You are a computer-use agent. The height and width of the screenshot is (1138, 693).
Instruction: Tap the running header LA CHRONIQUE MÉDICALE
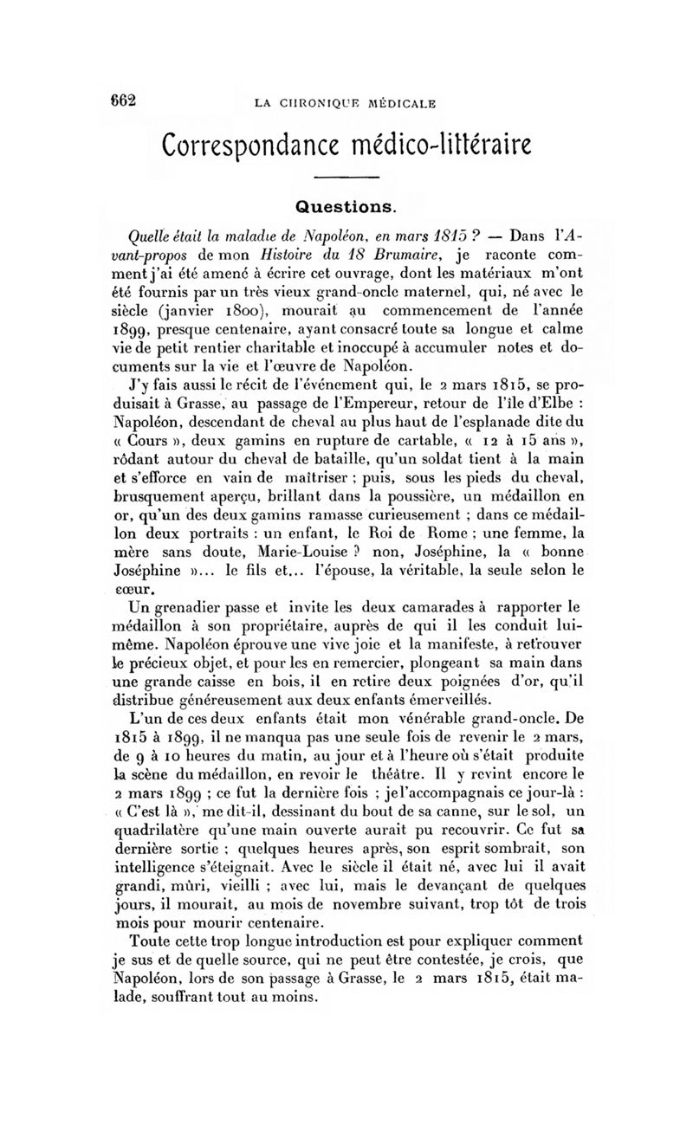[x=345, y=105]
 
